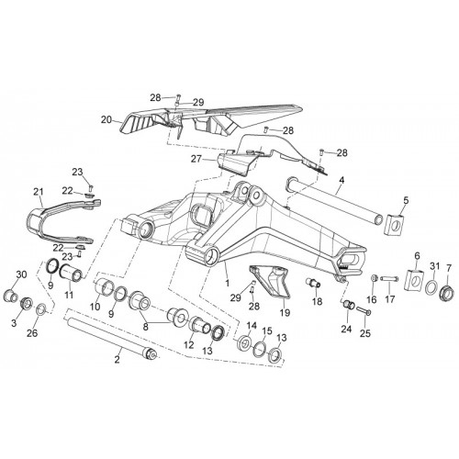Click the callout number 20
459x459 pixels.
(x=106, y=120)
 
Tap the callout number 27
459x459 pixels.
(x=196, y=159)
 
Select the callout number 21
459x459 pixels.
(x=39, y=193)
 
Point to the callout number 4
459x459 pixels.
(x=341, y=180)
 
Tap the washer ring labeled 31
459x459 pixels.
(x=431, y=288)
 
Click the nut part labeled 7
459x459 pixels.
(x=447, y=291)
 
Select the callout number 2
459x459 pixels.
(x=118, y=360)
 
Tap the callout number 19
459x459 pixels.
(x=285, y=312)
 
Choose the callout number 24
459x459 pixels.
(x=347, y=330)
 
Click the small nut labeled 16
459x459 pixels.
(x=374, y=278)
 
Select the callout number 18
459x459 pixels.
(x=318, y=301)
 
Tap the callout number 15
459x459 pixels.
(x=267, y=330)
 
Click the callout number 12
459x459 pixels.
(x=189, y=345)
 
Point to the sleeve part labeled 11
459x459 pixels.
(x=71, y=271)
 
